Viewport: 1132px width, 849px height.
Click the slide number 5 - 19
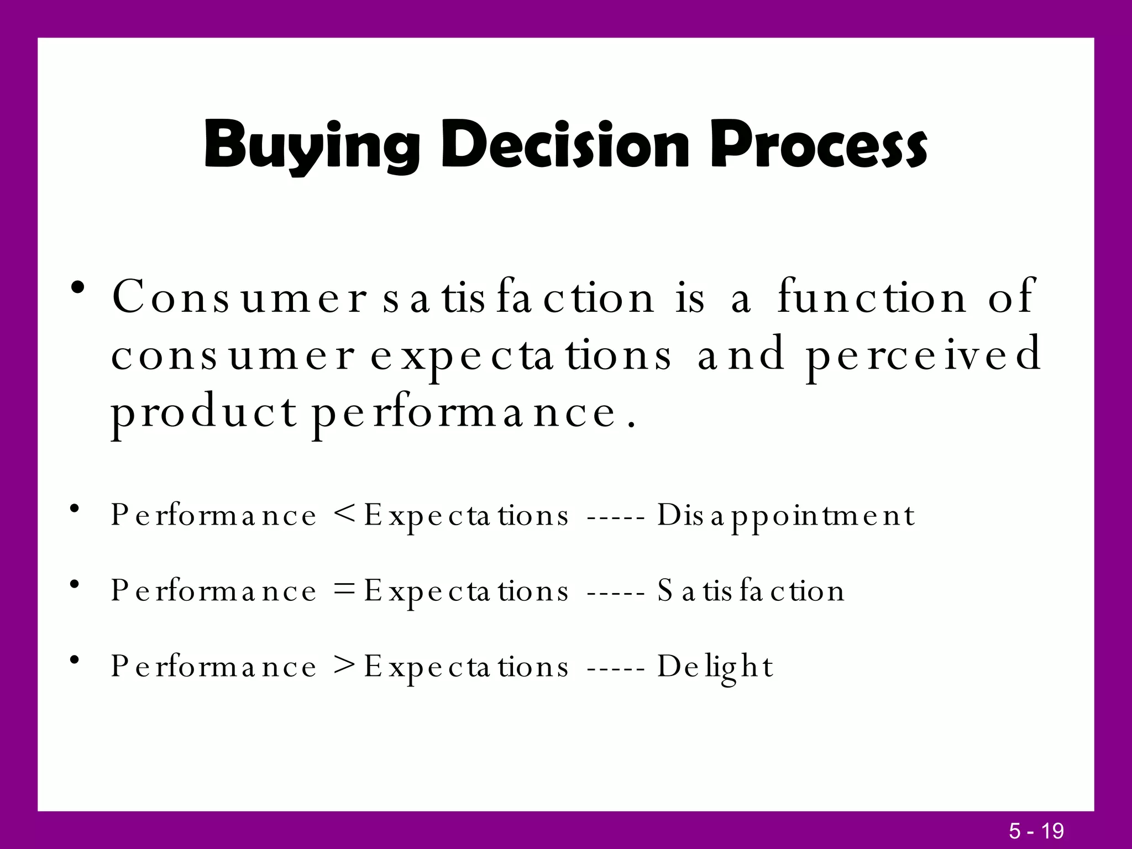[x=1036, y=831]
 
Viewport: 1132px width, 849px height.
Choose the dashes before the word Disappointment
[x=615, y=518]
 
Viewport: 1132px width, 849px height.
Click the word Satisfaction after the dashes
[x=751, y=591]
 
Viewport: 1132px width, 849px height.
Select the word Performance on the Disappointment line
[x=213, y=515]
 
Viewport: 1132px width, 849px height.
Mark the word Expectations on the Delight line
[x=466, y=667]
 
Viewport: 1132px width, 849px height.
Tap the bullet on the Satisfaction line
[x=76, y=584]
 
